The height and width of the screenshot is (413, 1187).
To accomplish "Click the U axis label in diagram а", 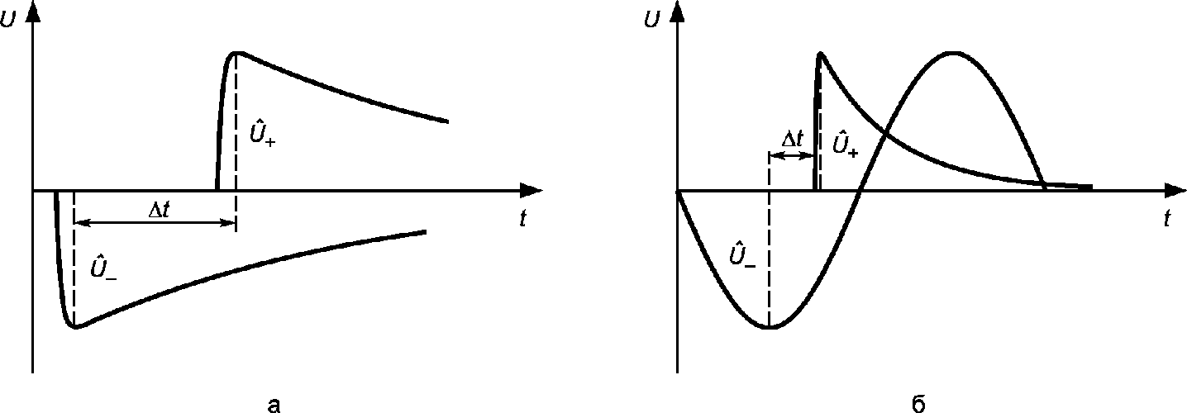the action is click(8, 20).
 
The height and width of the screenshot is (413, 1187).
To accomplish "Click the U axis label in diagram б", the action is click(652, 20).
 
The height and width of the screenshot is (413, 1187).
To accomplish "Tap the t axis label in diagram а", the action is click(522, 218).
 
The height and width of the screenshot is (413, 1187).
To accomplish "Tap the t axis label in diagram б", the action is click(1167, 218).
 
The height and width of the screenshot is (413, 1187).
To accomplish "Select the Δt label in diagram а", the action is click(159, 210).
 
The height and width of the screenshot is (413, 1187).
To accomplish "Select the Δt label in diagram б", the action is click(793, 140).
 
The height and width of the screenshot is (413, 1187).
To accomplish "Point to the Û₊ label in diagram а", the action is click(262, 135).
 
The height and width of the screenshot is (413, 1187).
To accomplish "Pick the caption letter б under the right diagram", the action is click(919, 403).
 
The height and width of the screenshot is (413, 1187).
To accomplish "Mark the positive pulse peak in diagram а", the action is click(236, 54).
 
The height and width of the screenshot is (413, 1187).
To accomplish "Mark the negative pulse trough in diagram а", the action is click(75, 327).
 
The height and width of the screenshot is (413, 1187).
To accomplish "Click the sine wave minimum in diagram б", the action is click(770, 327).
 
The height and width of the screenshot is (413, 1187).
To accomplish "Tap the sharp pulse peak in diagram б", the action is click(820, 54).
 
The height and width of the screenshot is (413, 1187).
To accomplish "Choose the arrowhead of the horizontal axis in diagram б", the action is click(1175, 189).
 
